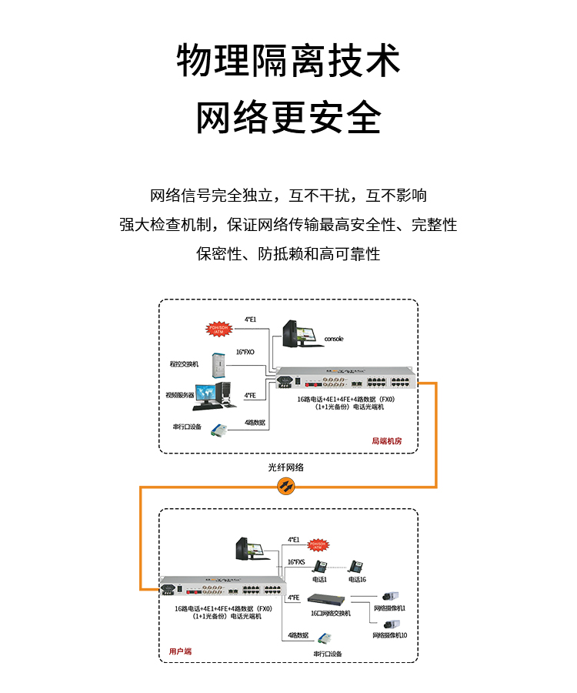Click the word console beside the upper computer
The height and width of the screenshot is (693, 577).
point(334,339)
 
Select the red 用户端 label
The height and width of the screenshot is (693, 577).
point(180,651)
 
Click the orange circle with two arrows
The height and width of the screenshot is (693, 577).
point(286,485)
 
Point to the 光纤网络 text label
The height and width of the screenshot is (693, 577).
point(286,467)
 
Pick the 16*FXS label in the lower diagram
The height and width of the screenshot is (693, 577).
point(297,562)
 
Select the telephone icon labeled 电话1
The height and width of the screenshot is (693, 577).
point(319,567)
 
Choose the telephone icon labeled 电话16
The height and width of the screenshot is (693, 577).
point(356,567)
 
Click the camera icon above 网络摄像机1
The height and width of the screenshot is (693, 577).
point(389,596)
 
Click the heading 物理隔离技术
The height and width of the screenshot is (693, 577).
point(288,60)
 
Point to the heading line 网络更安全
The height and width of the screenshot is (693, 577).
point(288,117)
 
